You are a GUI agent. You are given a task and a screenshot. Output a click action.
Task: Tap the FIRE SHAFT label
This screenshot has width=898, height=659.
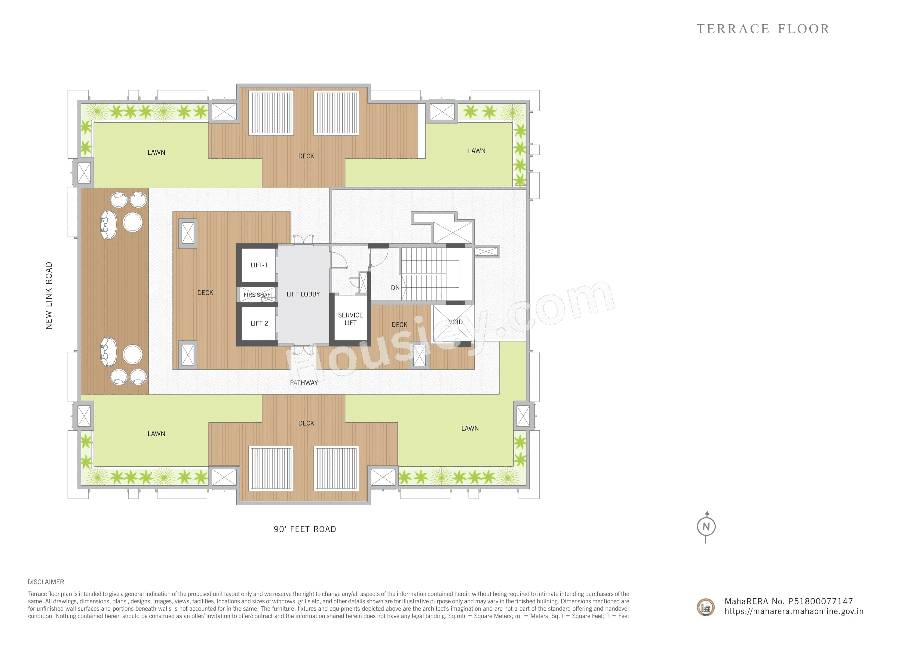click(x=258, y=295)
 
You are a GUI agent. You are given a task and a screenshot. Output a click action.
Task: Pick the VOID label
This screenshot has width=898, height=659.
click(x=455, y=322)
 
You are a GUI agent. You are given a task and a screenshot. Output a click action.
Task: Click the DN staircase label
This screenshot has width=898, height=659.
click(x=395, y=288)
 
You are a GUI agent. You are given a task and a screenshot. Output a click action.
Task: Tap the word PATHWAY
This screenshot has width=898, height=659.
click(x=304, y=383)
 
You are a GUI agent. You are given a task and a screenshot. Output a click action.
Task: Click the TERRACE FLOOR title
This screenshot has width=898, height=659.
click(x=763, y=29)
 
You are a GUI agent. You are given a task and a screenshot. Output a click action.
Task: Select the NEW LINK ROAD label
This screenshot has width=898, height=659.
click(x=49, y=296)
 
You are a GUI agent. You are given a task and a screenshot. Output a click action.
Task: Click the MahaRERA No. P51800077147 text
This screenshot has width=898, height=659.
click(x=788, y=601)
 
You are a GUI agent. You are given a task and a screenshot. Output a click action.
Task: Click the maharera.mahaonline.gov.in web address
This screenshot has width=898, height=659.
click(x=793, y=612)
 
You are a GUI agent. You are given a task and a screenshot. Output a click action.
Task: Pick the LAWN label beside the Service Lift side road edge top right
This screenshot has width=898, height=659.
click(x=477, y=151)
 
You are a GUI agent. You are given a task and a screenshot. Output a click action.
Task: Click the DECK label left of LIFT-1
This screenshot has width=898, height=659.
click(x=205, y=293)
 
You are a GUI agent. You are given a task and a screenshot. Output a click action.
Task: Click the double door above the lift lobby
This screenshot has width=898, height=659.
click(x=303, y=240)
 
